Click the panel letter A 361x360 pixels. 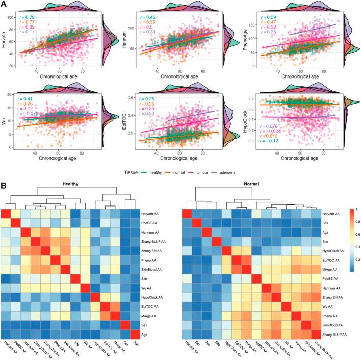click(4, 5)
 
